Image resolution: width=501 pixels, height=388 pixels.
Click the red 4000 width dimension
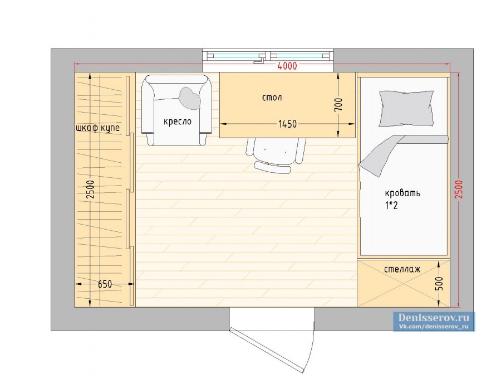[287, 66]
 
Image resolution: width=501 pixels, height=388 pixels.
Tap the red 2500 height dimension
[459, 189]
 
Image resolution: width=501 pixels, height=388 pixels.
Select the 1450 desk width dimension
[287, 124]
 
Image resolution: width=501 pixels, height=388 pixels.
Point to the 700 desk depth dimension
[338, 105]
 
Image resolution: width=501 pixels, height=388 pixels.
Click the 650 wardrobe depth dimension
[105, 284]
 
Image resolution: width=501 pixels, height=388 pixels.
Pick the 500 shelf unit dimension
[439, 283]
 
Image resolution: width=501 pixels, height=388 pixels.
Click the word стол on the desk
[272, 97]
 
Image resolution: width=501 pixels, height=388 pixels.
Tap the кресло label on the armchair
[178, 122]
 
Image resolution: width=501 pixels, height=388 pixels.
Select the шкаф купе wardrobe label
[98, 128]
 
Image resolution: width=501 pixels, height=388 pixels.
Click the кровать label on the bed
[402, 193]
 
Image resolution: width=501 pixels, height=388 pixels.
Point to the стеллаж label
[402, 269]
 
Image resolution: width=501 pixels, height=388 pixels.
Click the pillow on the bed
[406, 109]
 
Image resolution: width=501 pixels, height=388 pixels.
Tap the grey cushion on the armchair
[190, 98]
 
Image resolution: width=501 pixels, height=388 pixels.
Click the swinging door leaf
[267, 350]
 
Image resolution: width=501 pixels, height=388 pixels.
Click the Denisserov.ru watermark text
[434, 318]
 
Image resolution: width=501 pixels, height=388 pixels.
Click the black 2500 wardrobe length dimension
[91, 190]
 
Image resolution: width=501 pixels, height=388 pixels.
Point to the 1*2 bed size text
[391, 205]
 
